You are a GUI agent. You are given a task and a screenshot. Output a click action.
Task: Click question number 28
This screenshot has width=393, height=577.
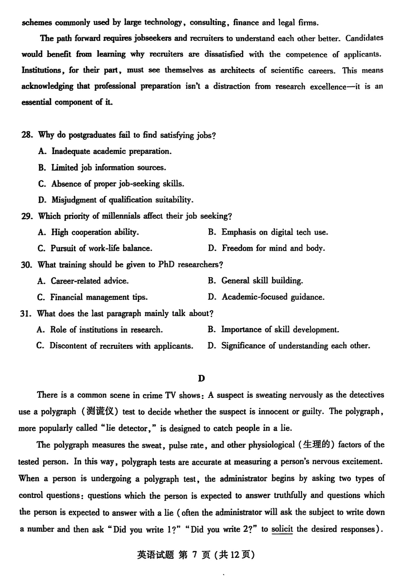click(28, 135)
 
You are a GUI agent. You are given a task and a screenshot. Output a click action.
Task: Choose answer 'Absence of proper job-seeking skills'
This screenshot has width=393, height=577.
click(117, 184)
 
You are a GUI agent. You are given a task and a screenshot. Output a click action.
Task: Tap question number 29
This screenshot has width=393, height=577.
click(28, 216)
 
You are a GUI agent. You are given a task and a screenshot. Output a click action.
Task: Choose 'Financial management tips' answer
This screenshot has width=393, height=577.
click(98, 297)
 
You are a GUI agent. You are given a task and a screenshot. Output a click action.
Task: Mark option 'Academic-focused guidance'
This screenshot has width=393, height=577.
click(273, 297)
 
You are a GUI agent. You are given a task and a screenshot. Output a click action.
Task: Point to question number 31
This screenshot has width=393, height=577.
click(28, 313)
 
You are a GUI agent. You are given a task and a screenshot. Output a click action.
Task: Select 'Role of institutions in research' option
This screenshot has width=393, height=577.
click(106, 330)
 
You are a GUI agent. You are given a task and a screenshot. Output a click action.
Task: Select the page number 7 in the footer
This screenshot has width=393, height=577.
click(195, 555)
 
